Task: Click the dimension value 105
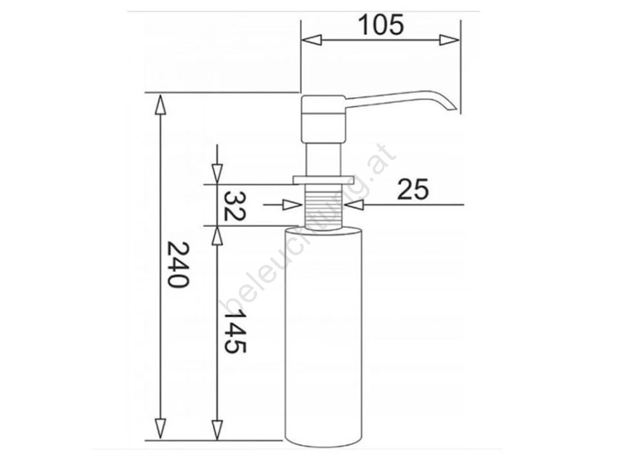(381, 25)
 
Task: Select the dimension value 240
(178, 264)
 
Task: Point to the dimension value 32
(235, 206)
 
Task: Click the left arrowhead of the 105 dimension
(311, 40)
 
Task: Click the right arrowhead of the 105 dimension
(449, 40)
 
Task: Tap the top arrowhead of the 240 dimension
(160, 104)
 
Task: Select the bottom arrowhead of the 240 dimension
(160, 429)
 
